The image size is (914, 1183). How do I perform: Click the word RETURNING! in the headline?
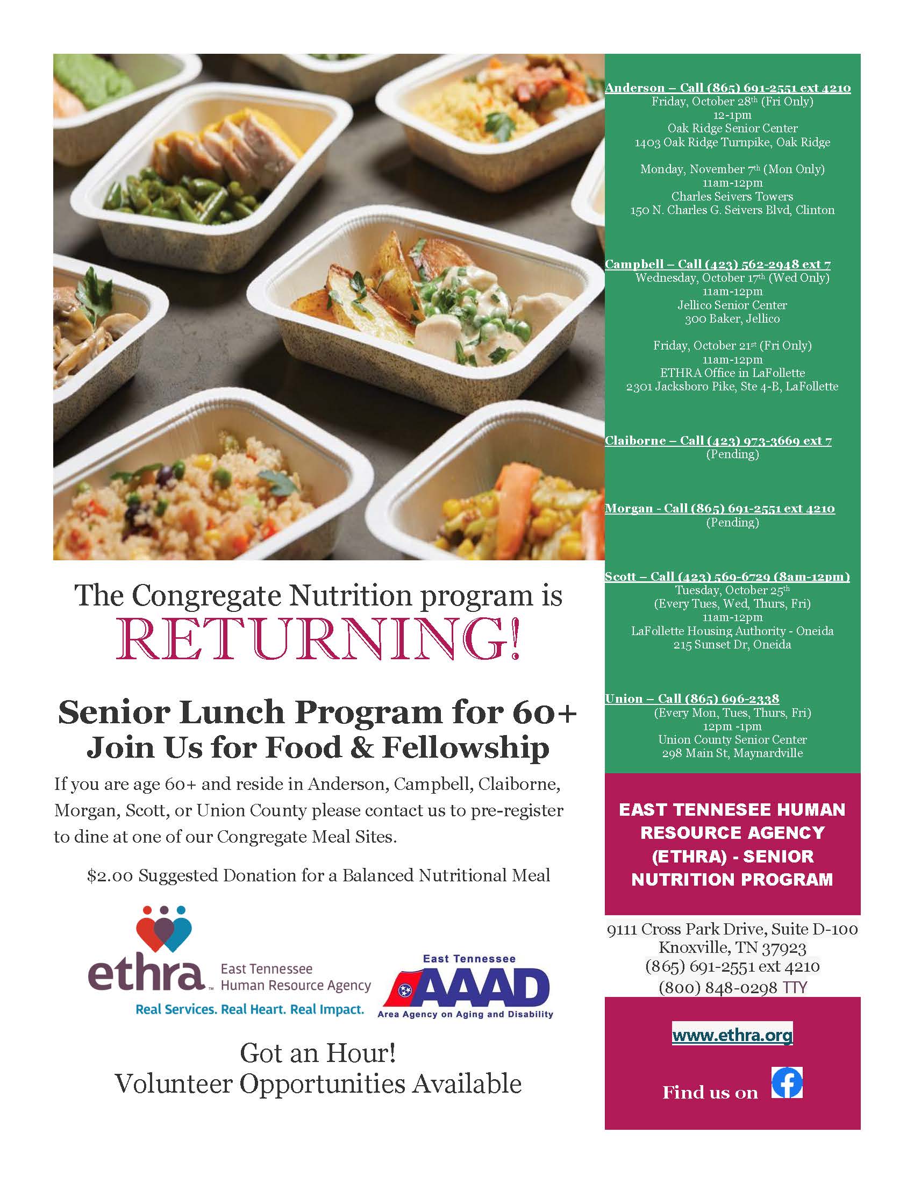pyautogui.click(x=318, y=639)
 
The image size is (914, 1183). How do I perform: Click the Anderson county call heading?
pyautogui.click(x=728, y=88)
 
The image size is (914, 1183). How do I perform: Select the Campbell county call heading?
pyautogui.click(x=717, y=264)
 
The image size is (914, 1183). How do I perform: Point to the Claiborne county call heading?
pyautogui.click(x=718, y=440)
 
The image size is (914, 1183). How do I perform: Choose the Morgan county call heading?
pyautogui.click(x=719, y=508)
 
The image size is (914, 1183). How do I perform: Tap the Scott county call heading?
pyautogui.click(x=727, y=576)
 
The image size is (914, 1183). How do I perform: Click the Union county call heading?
pyautogui.click(x=692, y=699)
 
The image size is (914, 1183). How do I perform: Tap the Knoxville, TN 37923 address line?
pyautogui.click(x=732, y=947)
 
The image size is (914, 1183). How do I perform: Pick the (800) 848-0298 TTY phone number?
pyautogui.click(x=732, y=987)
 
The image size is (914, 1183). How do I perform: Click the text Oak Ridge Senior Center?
pyautogui.click(x=732, y=129)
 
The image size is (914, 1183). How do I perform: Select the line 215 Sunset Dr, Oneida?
pyautogui.click(x=732, y=645)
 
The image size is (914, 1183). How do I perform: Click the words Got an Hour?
pyautogui.click(x=318, y=1052)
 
